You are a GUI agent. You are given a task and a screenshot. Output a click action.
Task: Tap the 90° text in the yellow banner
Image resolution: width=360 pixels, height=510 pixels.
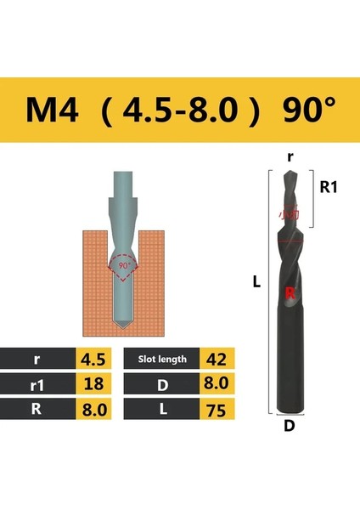(x=301, y=110)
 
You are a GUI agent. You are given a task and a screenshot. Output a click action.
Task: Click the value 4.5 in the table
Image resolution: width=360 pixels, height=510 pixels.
(x=94, y=359)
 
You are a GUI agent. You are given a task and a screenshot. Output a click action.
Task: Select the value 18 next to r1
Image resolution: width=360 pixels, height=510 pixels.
(x=94, y=384)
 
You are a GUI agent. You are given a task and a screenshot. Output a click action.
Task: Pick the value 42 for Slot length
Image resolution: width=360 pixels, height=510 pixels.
(x=216, y=359)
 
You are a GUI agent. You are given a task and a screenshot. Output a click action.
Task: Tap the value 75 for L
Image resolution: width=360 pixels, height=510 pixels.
(x=216, y=411)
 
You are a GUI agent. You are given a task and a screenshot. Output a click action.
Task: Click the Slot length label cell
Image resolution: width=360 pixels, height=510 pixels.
(x=161, y=359)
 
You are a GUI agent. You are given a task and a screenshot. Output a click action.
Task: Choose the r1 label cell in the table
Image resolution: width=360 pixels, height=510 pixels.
(x=37, y=384)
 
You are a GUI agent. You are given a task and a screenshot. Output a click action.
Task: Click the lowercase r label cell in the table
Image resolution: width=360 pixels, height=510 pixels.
(x=37, y=359)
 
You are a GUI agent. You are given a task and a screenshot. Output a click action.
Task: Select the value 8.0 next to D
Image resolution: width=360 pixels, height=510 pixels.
(x=216, y=384)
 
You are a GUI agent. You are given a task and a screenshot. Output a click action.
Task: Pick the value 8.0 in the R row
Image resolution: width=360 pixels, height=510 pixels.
(x=94, y=411)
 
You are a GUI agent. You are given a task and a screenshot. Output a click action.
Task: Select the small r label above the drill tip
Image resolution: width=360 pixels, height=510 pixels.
(x=290, y=157)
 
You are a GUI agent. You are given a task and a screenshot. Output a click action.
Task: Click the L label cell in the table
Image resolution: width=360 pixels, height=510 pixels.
(x=161, y=411)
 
